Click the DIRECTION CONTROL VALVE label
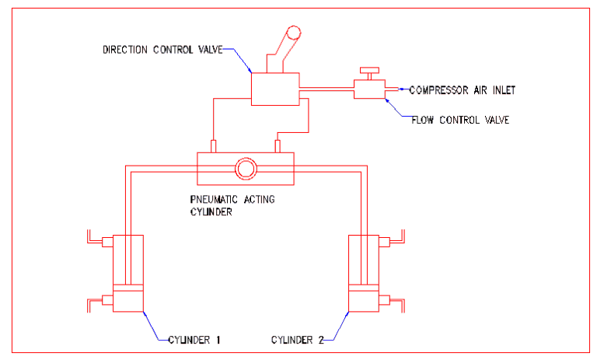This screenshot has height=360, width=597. pyautogui.click(x=162, y=50)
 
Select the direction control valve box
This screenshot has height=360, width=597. pyautogui.click(x=275, y=87)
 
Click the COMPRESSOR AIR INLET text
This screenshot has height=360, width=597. pyautogui.click(x=462, y=89)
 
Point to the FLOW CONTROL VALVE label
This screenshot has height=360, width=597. pyautogui.click(x=460, y=120)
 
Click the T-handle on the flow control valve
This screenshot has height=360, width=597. pyautogui.click(x=369, y=71)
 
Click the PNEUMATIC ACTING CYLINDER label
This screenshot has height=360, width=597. pyautogui.click(x=232, y=204)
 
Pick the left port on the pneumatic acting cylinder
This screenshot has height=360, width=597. pyautogui.click(x=213, y=145)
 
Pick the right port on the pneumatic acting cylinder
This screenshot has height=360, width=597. pyautogui.click(x=278, y=145)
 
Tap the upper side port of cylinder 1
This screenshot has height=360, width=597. pyautogui.click(x=107, y=243)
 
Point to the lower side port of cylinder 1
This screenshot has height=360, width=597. pyautogui.click(x=107, y=300)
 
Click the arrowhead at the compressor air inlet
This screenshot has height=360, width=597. pyautogui.click(x=402, y=89)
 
